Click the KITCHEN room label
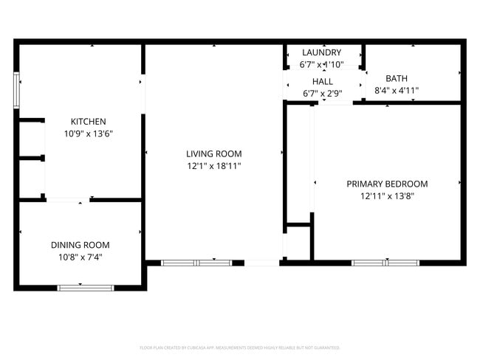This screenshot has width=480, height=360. pos(88,122)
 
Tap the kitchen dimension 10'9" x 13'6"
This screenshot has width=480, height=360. pos(88,134)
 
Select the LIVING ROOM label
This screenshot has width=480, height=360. pos(213,154)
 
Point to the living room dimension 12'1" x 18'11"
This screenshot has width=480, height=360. pos(213,166)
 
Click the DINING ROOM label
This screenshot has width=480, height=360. pos(80,245)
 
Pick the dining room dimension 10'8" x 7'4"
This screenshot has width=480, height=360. pos(80,257)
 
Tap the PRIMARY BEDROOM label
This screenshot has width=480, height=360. pos(387,184)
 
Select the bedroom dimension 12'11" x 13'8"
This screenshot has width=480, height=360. pos(387,196)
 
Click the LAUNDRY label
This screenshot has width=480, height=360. pos(322,52)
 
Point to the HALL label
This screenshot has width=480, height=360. pos(322,82)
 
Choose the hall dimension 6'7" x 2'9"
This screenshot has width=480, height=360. pos(322,94)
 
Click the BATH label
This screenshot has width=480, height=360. pos(397,78)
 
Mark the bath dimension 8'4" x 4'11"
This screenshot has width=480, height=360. pos(397,91)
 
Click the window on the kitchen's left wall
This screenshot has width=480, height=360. pos(17,89)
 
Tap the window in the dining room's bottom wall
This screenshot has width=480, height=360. pos(85,288)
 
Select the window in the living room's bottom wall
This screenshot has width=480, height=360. pos(196,262)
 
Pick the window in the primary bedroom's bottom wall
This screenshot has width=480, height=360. pos(385,262)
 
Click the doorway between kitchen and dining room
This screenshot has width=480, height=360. pos(68,199)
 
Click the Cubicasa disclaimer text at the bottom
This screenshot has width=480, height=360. pos(239,347)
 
